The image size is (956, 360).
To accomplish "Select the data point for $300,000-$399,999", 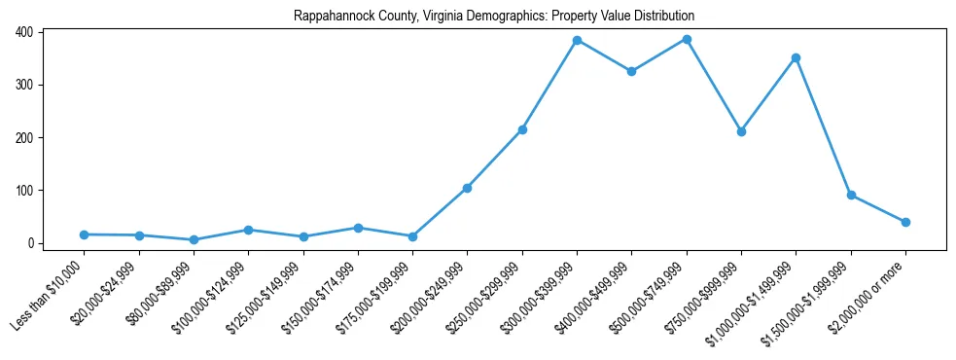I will click(577, 41).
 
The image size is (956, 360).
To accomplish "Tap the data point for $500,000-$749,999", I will click(687, 40).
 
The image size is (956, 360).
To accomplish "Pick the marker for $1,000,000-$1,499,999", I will click(797, 58).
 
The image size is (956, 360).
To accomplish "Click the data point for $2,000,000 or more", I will click(905, 222).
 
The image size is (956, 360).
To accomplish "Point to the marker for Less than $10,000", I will click(85, 234).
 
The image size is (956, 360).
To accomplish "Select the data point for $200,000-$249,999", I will click(468, 188).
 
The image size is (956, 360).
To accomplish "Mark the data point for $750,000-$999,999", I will click(741, 131).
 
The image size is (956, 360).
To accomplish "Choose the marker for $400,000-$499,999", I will click(632, 71).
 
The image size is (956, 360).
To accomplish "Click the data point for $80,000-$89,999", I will click(194, 239).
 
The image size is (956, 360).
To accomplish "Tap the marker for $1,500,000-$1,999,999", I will click(851, 195).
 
